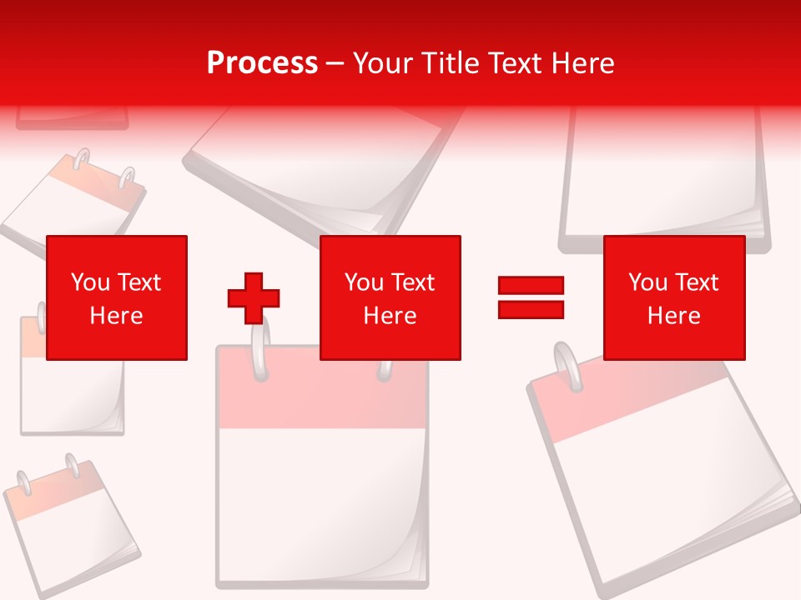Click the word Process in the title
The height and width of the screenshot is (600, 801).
click(x=262, y=63)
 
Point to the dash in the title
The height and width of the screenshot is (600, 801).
click(x=335, y=64)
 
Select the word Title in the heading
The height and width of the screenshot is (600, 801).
click(x=446, y=63)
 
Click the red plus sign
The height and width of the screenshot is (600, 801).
click(x=254, y=297)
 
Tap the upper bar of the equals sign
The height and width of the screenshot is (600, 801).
click(x=531, y=286)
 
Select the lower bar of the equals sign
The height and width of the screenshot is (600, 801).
click(x=531, y=309)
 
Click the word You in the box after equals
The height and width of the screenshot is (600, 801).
click(x=648, y=282)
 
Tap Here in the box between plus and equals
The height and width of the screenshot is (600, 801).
click(x=390, y=316)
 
